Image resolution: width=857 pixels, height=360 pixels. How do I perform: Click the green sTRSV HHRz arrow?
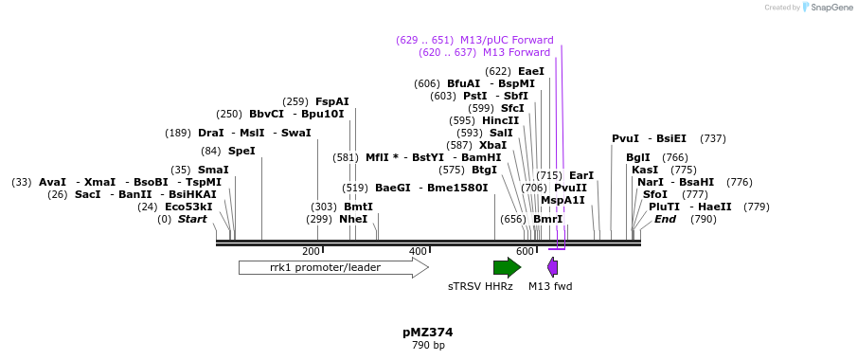[507, 267]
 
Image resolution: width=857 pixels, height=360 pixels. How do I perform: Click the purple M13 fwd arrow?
[552, 267]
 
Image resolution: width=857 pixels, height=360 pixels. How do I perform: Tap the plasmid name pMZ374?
[428, 333]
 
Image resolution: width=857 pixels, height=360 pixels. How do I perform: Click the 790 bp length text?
[428, 346]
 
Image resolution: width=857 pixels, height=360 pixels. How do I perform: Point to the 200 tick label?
[311, 251]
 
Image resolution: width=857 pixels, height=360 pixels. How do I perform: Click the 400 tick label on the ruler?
[418, 251]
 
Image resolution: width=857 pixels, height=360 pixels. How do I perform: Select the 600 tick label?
[525, 251]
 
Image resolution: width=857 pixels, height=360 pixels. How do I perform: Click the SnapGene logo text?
[830, 8]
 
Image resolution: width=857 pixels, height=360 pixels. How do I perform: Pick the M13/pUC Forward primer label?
[507, 40]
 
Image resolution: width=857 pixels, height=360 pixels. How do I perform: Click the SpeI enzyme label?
[241, 151]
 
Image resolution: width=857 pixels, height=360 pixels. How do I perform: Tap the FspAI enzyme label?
[332, 101]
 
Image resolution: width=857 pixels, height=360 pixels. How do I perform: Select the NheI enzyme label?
[353, 219]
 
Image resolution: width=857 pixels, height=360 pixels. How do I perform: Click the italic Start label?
[192, 219]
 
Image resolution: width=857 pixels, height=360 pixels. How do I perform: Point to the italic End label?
[666, 219]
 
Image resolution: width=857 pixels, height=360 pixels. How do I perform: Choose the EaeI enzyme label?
[531, 71]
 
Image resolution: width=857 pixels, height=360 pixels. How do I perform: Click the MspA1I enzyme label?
[562, 200]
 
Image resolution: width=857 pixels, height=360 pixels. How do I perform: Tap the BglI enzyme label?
[638, 157]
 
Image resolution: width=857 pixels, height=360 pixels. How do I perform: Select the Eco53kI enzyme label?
[188, 207]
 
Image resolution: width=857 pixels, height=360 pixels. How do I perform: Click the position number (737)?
[713, 138]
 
